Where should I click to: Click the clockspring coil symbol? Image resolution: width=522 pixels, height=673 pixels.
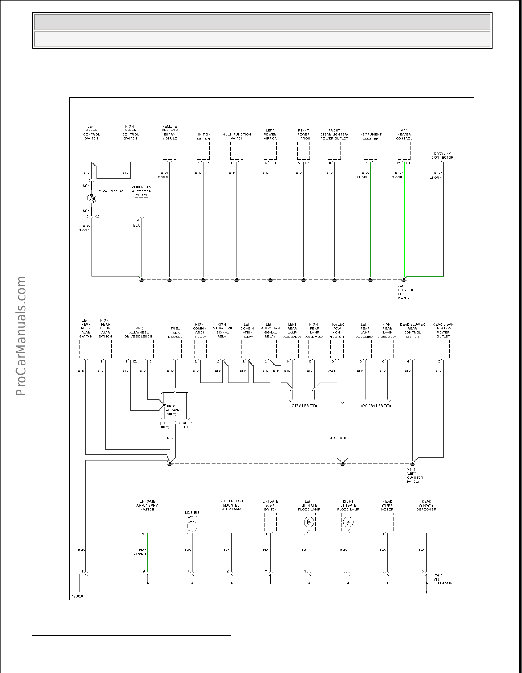(x=91, y=198)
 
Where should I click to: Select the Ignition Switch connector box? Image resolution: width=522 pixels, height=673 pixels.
(x=203, y=152)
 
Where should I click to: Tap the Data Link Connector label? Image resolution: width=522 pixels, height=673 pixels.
(x=442, y=156)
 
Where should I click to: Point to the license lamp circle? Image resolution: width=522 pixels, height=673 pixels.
(x=192, y=526)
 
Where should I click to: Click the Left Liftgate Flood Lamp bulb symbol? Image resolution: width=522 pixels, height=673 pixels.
(x=309, y=522)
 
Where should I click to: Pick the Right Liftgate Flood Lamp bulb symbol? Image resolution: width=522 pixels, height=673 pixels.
(x=348, y=522)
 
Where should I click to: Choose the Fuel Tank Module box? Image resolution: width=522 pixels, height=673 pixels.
(x=175, y=349)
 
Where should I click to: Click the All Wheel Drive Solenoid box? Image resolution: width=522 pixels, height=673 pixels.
(x=138, y=349)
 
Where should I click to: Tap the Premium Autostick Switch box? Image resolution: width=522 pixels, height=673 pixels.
(x=141, y=206)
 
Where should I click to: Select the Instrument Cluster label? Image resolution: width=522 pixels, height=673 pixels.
(x=370, y=137)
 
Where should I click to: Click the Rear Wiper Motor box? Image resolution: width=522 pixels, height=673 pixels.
(x=387, y=521)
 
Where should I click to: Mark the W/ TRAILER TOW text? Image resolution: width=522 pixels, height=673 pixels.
(x=303, y=406)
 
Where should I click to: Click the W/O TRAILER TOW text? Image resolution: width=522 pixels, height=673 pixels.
(x=376, y=406)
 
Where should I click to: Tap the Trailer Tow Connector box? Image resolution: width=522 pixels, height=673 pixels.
(x=337, y=349)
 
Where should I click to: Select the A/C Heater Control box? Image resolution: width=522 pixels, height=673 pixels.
(x=404, y=152)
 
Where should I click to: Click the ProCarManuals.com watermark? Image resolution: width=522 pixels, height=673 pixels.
(x=21, y=336)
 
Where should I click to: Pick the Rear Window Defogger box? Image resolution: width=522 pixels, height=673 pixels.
(x=426, y=521)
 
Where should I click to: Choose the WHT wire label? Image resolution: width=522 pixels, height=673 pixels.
(x=332, y=372)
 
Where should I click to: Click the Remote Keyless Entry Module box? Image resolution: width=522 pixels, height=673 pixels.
(x=170, y=152)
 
